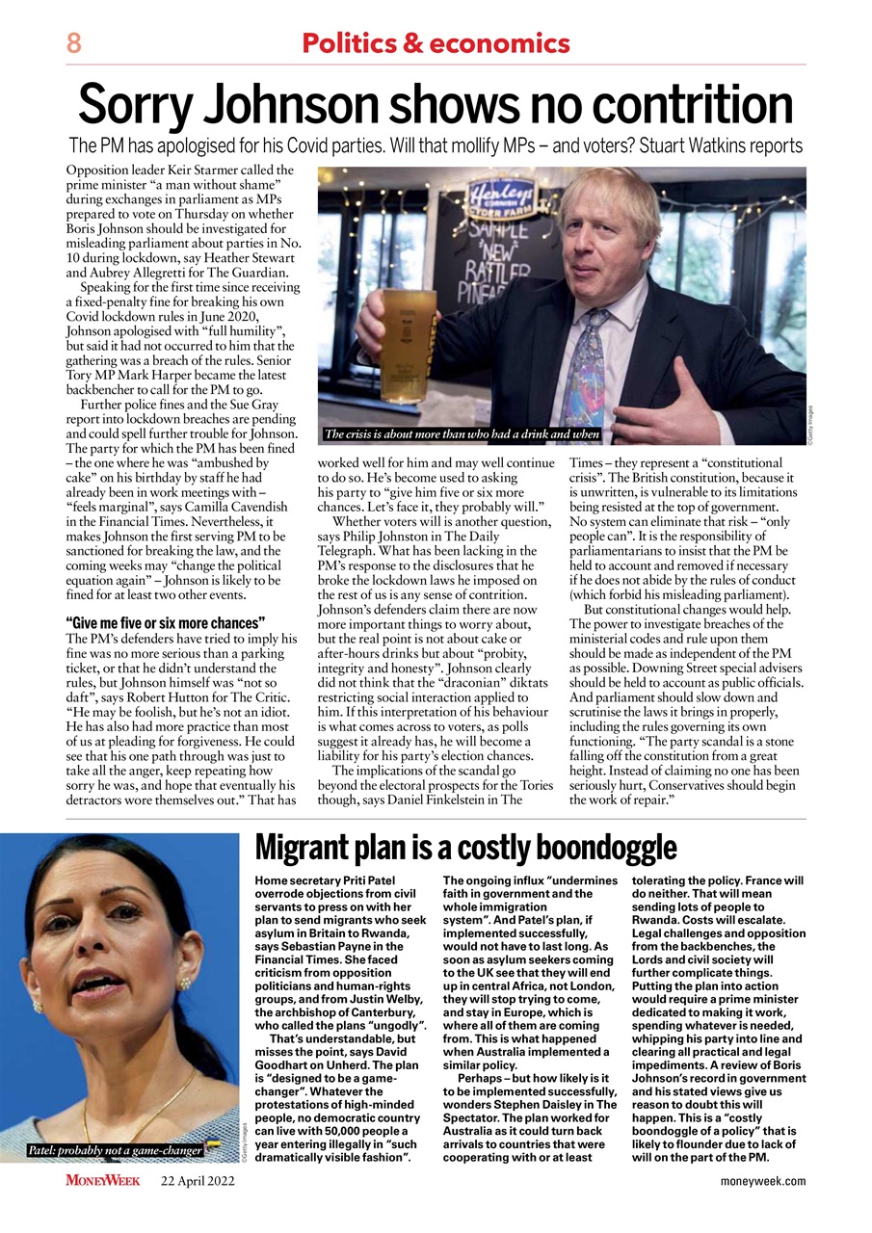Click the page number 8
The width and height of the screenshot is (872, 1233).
click(x=73, y=43)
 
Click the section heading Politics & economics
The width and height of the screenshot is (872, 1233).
click(x=436, y=43)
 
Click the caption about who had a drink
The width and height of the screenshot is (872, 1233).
click(x=462, y=434)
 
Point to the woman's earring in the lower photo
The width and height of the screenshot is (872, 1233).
click(x=184, y=983)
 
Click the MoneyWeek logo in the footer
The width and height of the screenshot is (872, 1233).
click(x=103, y=1180)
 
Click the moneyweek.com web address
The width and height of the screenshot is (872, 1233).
click(x=762, y=1181)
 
